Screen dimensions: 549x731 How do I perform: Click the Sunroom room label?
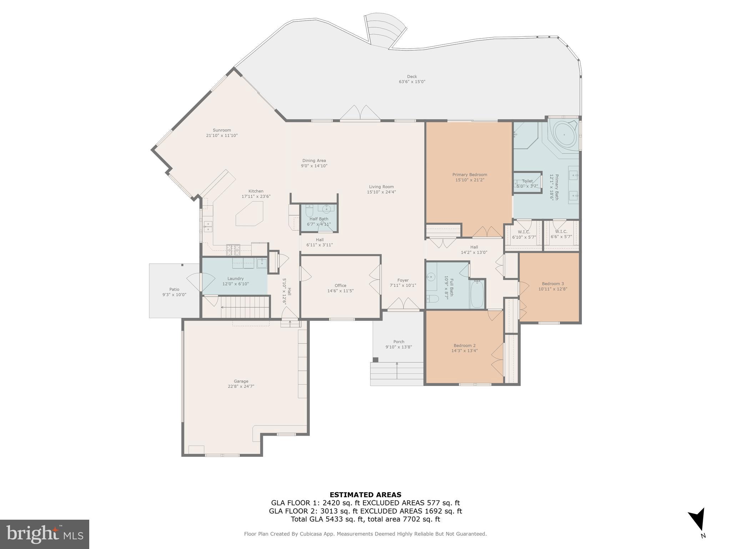(222, 130)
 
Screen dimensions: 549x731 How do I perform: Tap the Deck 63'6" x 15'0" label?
(412, 79)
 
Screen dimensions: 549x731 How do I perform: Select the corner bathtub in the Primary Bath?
(564, 135)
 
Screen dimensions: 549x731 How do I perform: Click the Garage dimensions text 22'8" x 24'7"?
(241, 386)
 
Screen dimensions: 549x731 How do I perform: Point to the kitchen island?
(249, 213)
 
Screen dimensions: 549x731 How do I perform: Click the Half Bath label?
(319, 219)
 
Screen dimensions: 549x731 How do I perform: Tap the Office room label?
(340, 286)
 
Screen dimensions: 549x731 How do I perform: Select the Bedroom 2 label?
(464, 346)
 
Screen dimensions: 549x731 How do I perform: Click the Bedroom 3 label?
(553, 284)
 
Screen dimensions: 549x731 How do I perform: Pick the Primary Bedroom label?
(469, 175)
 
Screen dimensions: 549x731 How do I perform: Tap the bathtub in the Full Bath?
(477, 294)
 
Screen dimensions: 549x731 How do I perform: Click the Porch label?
(399, 342)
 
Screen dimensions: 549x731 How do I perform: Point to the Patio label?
(174, 290)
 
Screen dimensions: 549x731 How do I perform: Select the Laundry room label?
(235, 278)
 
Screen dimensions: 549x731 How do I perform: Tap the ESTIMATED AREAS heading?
(365, 495)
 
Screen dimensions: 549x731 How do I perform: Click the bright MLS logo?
(45, 534)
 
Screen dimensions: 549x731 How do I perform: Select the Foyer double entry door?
(403, 304)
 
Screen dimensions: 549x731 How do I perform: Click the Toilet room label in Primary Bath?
(527, 181)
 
